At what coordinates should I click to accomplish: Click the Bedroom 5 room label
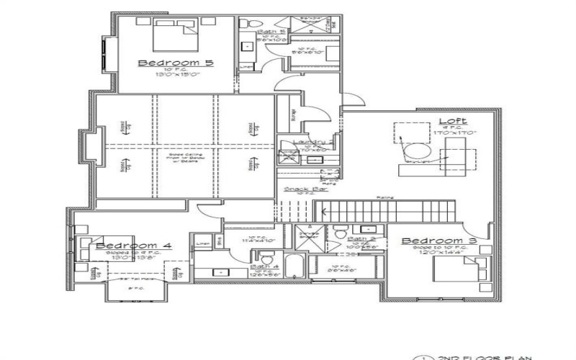[x=176, y=63]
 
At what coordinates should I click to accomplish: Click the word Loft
[x=454, y=120]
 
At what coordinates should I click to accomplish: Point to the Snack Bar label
[x=297, y=189]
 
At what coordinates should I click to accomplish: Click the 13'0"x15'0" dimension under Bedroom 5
[x=176, y=74]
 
